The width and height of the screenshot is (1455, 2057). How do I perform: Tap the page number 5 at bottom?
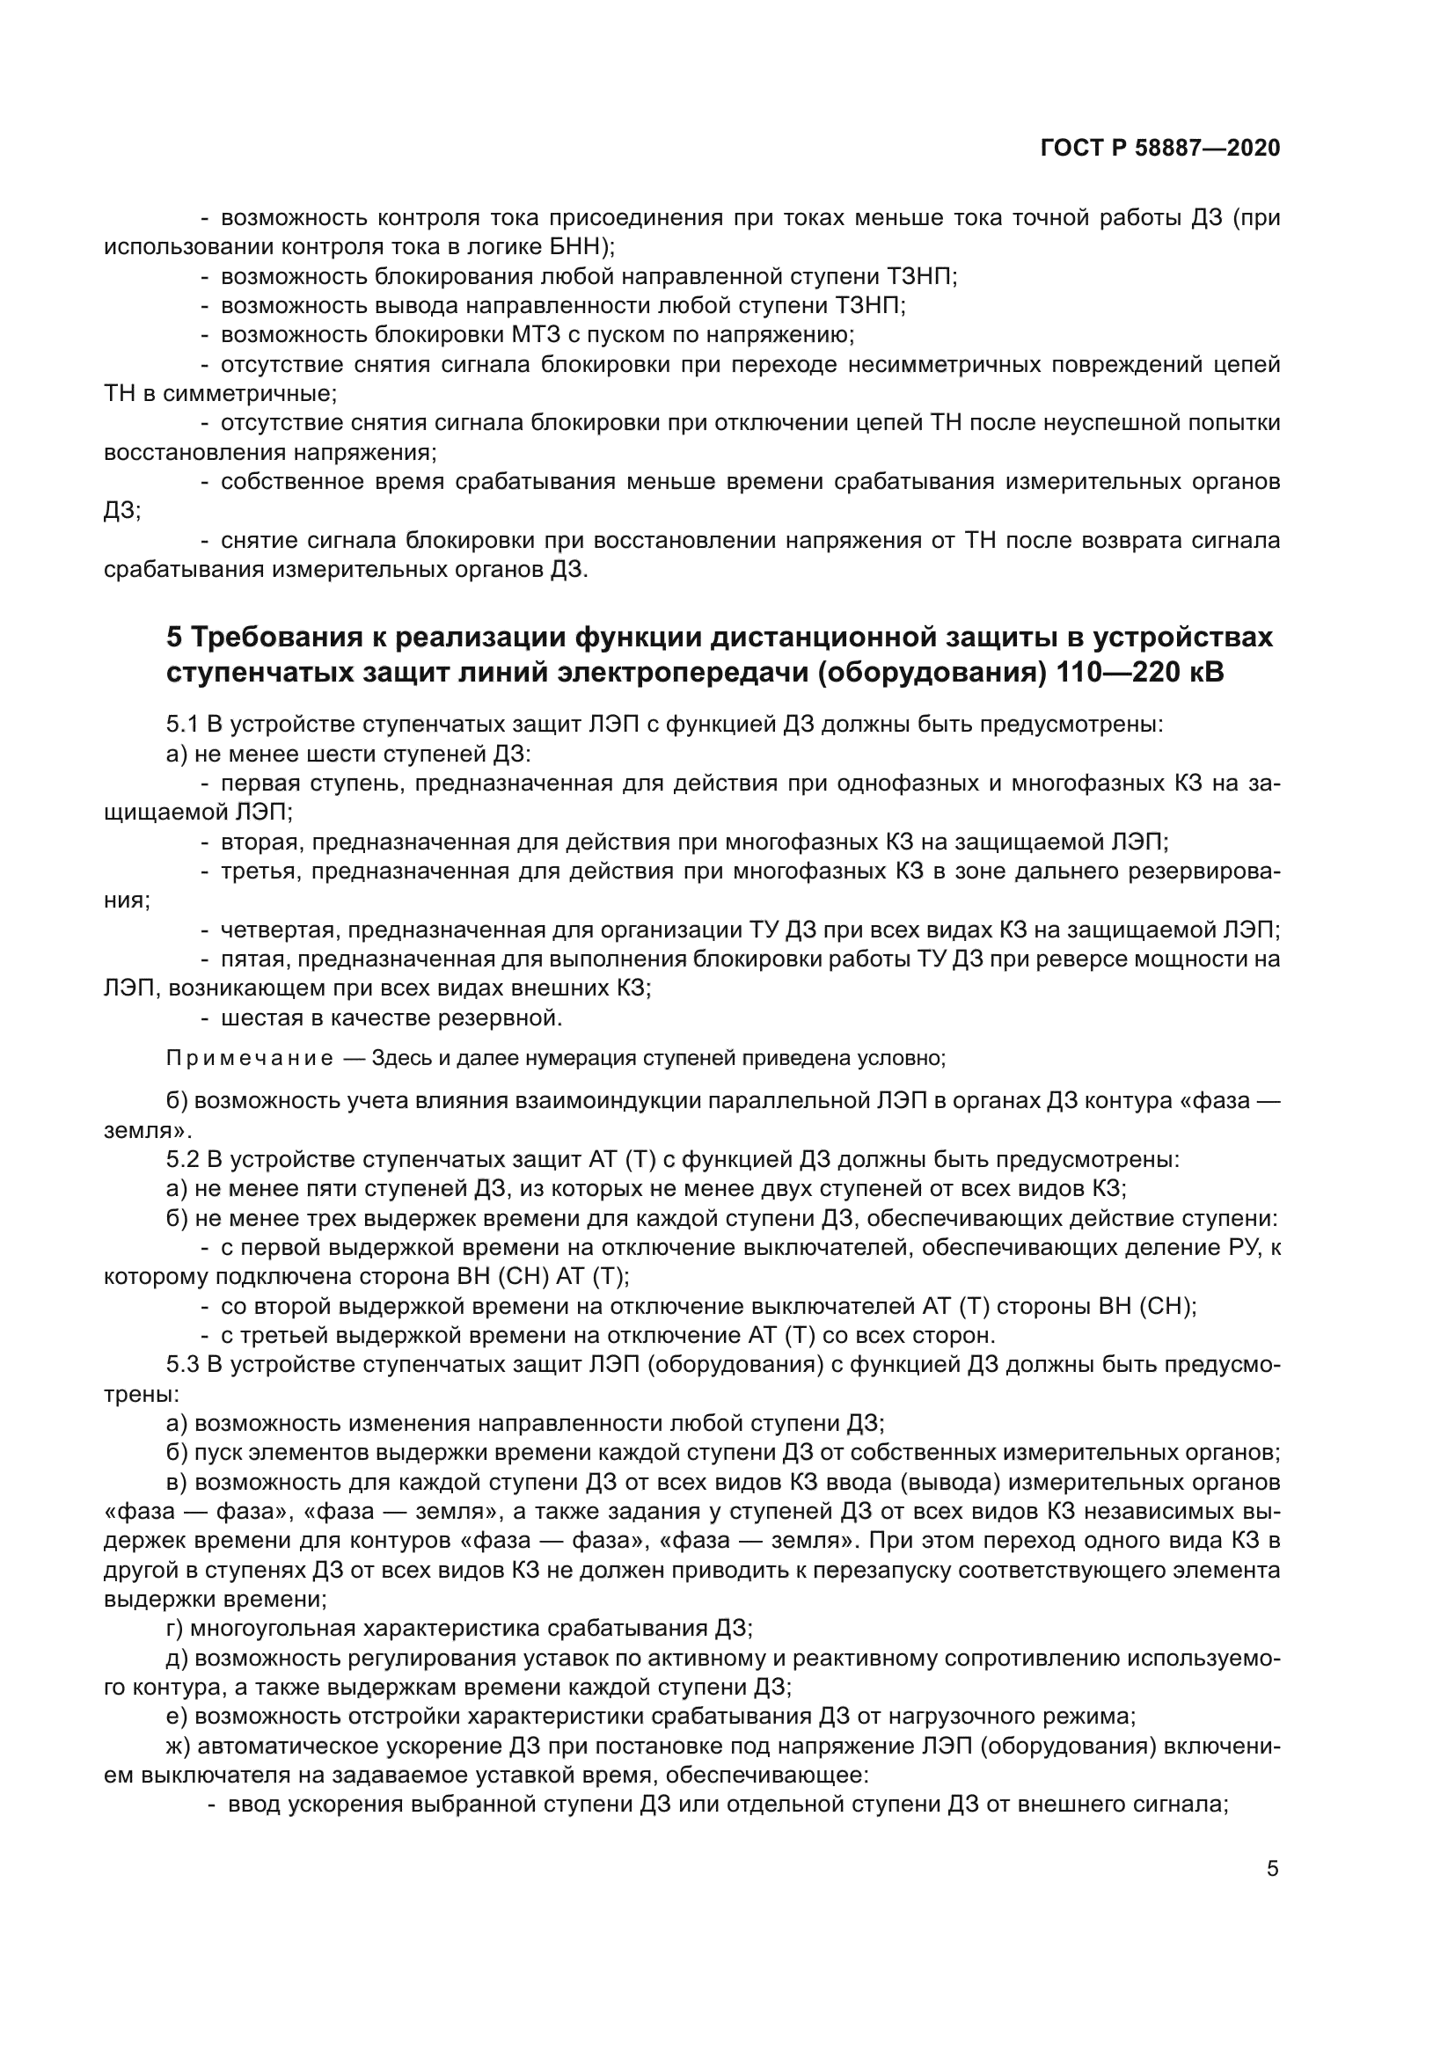pos(1272,1868)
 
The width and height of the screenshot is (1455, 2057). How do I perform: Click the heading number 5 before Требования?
pos(174,638)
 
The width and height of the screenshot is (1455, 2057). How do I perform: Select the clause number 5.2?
pos(183,1160)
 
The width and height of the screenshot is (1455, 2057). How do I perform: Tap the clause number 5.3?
pos(183,1366)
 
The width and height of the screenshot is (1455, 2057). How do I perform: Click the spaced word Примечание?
pos(249,1059)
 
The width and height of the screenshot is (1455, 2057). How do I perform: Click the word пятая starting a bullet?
pos(254,959)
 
